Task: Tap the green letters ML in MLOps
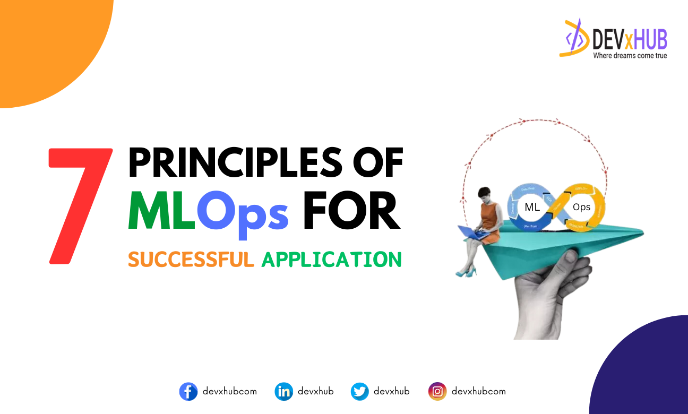pyautogui.click(x=161, y=212)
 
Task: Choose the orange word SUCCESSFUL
pyautogui.click(x=191, y=260)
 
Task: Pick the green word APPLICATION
pyautogui.click(x=332, y=260)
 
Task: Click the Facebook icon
pyautogui.click(x=188, y=392)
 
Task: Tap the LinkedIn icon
pyautogui.click(x=283, y=392)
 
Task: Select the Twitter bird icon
pyautogui.click(x=359, y=392)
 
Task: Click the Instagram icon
pyautogui.click(x=437, y=392)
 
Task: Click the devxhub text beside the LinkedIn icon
pyautogui.click(x=315, y=392)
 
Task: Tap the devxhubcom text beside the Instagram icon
pyautogui.click(x=478, y=392)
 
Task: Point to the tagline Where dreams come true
pyautogui.click(x=630, y=55)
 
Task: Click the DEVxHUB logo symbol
pyautogui.click(x=574, y=38)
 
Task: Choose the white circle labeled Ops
pyautogui.click(x=581, y=208)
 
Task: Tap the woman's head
pyautogui.click(x=485, y=194)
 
